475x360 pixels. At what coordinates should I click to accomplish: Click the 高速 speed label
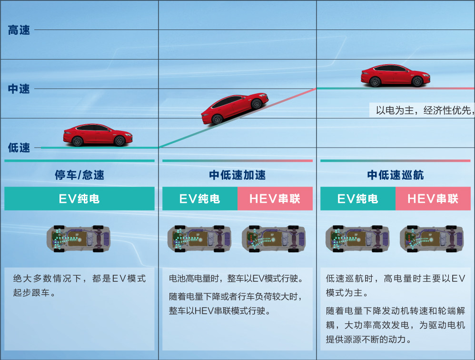click(x=19, y=30)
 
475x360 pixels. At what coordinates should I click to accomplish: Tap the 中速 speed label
click(x=19, y=89)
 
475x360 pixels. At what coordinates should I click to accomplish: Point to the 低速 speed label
click(x=19, y=148)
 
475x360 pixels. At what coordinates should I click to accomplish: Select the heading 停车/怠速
click(x=79, y=175)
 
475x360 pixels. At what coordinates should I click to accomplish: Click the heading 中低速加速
click(x=237, y=175)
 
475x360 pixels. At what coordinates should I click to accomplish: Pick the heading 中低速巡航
click(x=396, y=175)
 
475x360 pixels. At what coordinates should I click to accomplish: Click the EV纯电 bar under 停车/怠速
click(x=79, y=199)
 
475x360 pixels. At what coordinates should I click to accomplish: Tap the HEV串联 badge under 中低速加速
click(x=275, y=199)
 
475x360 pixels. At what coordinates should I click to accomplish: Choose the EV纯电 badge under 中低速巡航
click(x=358, y=199)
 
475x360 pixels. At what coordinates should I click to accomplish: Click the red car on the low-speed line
click(x=98, y=135)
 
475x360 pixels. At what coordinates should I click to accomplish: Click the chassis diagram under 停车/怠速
click(x=79, y=238)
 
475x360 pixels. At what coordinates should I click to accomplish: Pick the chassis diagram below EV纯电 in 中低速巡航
click(x=357, y=238)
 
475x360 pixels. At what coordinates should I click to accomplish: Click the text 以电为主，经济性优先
click(x=425, y=110)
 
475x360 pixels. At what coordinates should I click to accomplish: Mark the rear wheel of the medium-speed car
click(x=417, y=81)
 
